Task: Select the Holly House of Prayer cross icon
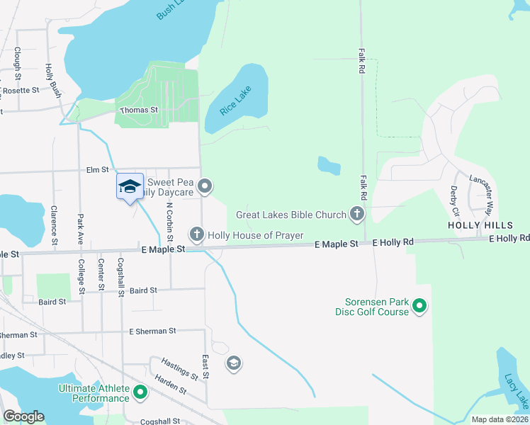[x=196, y=234]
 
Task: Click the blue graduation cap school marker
[x=130, y=187]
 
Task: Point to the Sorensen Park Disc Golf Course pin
[x=419, y=306]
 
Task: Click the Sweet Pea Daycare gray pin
[x=205, y=186]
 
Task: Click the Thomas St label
[x=138, y=110]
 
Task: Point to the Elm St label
[x=97, y=170]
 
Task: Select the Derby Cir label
[x=454, y=200]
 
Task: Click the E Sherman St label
[x=152, y=331]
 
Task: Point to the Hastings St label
[x=180, y=368]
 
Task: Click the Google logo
[x=23, y=416]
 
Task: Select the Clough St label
[x=17, y=59]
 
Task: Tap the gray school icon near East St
[x=233, y=364]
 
